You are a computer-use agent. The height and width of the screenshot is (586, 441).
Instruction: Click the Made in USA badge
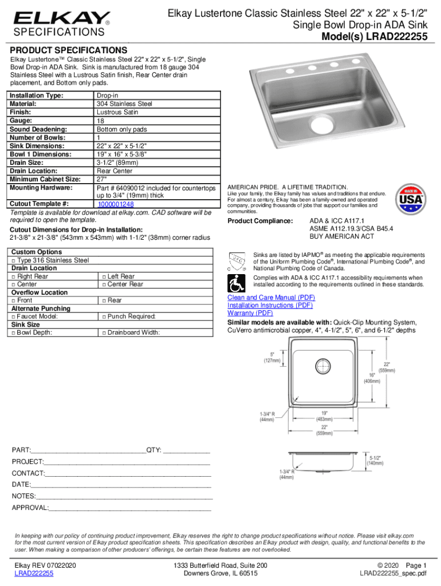410,200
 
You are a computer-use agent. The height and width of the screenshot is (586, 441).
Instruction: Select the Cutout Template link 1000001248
116,204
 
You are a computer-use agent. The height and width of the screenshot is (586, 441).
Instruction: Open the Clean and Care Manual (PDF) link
271,298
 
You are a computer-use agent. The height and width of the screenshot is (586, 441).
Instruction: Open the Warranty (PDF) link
250,313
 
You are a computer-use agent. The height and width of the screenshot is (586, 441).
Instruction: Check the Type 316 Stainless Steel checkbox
13,260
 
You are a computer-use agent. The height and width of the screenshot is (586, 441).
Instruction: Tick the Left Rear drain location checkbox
104,276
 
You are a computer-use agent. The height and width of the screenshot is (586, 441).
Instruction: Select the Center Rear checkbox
104,284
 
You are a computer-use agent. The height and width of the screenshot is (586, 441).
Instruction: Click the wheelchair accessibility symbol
235,282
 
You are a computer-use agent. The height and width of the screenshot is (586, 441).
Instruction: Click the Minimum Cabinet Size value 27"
103,179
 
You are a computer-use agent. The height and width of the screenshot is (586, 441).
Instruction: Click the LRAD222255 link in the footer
34,573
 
